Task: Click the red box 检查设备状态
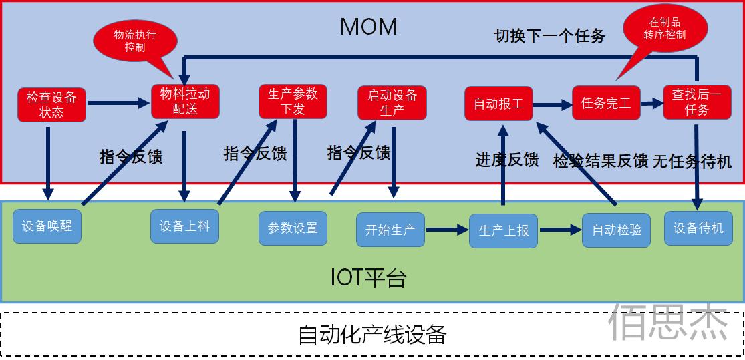coord(51,104)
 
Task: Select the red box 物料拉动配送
coord(185,102)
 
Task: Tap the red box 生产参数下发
coord(293,102)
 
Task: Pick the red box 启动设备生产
coord(392,103)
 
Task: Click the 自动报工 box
coord(498,104)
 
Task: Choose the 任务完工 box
coord(606,104)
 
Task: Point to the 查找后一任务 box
coord(696,103)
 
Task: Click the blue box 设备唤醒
coord(47,226)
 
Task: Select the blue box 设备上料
coord(184,226)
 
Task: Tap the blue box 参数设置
coord(293,228)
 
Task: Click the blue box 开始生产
coord(390,230)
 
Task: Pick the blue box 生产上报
coord(503,230)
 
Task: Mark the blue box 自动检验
coord(616,230)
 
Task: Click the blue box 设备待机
coord(698,228)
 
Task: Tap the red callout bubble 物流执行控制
coord(135,39)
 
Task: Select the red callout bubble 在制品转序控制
coord(664,28)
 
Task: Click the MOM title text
coord(369,27)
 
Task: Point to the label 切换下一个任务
coord(549,35)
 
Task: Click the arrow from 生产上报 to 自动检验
coord(560,230)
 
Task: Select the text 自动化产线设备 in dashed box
coord(371,334)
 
